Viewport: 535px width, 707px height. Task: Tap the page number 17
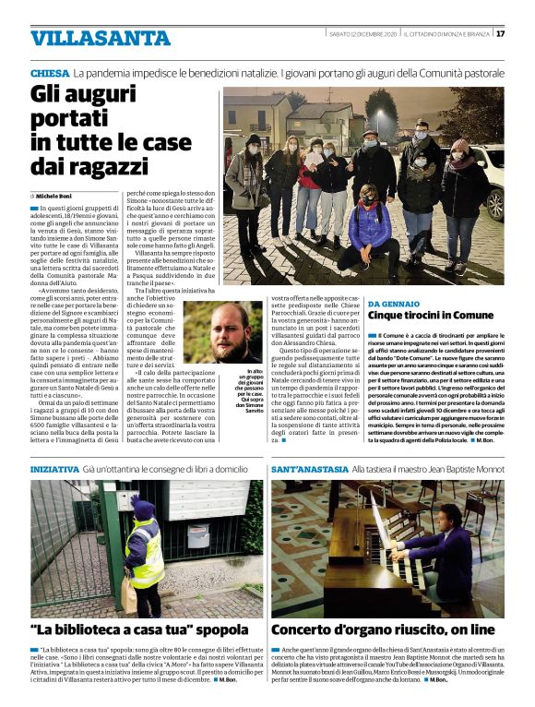tap(500, 34)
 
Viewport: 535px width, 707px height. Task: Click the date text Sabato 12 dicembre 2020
tap(363, 34)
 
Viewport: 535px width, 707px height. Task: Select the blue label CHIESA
tap(49, 72)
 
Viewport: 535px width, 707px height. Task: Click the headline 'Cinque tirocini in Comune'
tap(431, 316)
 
